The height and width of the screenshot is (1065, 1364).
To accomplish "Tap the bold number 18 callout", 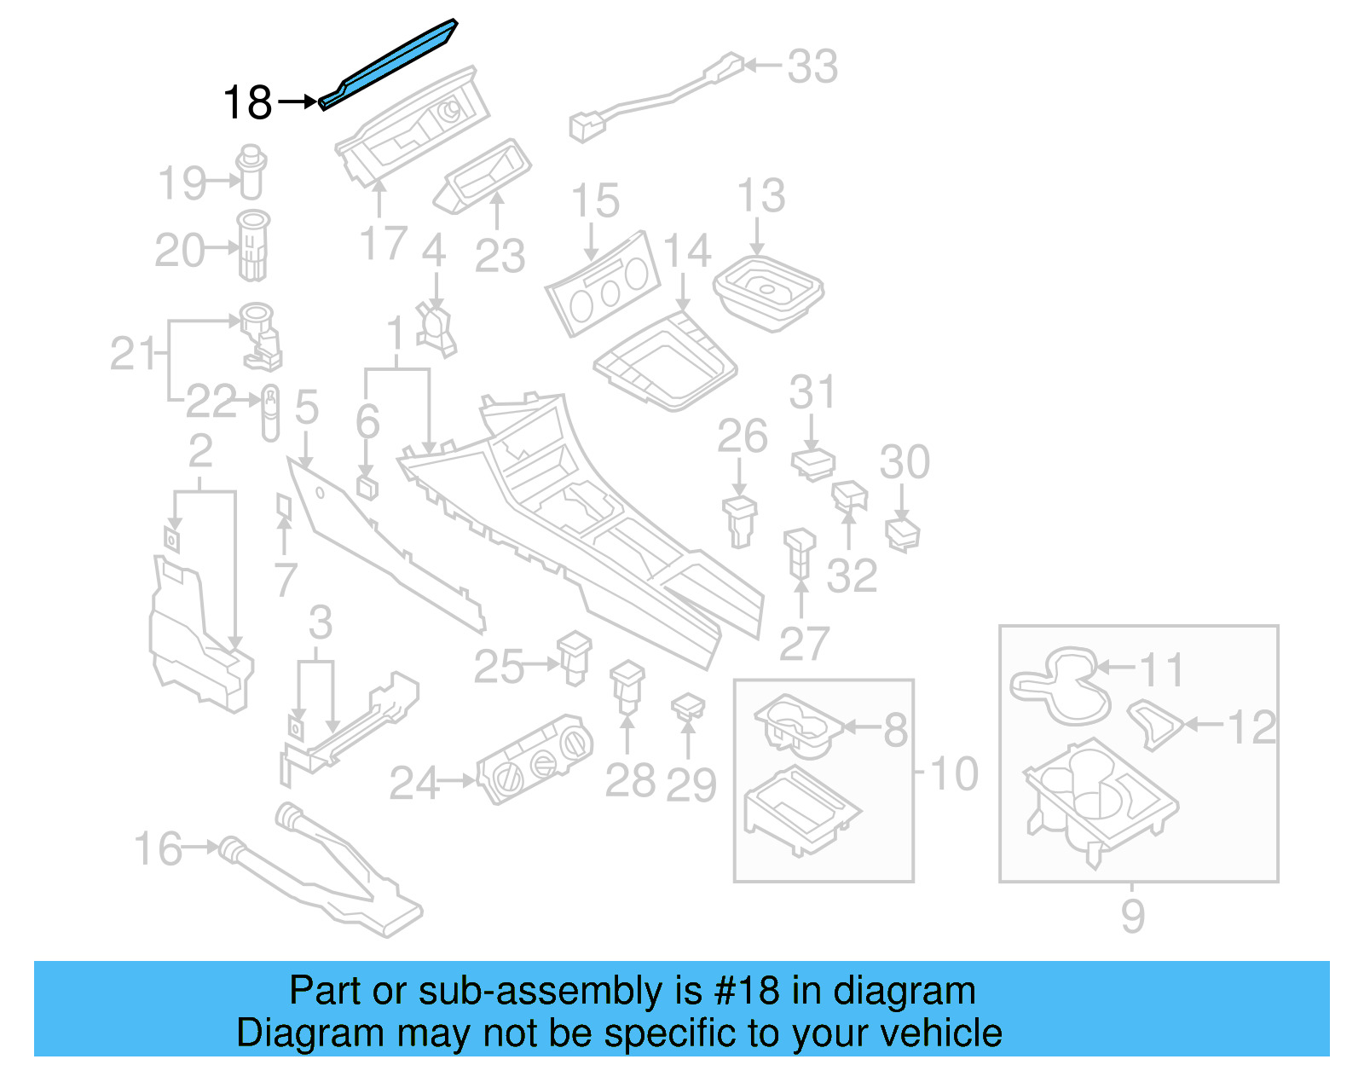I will click(x=247, y=103).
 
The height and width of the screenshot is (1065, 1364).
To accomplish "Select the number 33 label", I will click(x=812, y=67).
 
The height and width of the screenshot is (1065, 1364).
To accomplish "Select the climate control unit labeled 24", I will click(x=534, y=758).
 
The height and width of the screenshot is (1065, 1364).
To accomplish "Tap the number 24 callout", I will click(x=413, y=783).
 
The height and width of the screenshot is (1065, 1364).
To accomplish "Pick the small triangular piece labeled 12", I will click(x=1155, y=723).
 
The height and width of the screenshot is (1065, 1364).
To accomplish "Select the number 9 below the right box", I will click(x=1132, y=916).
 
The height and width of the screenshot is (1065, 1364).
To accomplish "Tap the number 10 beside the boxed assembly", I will click(x=954, y=773).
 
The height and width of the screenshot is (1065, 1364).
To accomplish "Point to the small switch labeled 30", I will click(x=903, y=535).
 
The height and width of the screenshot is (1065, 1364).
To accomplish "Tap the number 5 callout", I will click(x=307, y=407).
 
